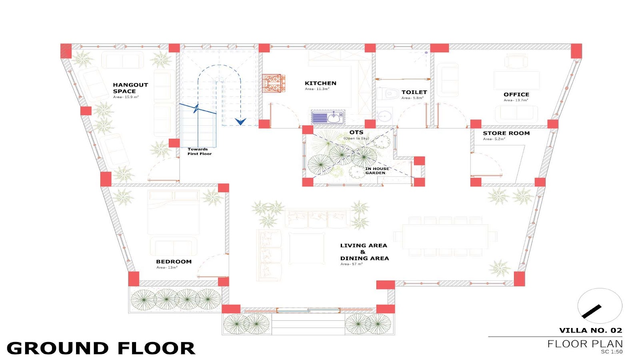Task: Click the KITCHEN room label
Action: [320, 83]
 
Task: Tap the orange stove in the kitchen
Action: [274, 83]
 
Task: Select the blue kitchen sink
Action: [328, 117]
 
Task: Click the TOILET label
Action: [414, 92]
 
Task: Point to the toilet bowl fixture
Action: [388, 94]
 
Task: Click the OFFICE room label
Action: [516, 94]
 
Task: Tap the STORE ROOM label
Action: [506, 133]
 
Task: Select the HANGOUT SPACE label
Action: [130, 88]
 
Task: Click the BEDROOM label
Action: [174, 262]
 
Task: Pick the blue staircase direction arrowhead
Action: [240, 122]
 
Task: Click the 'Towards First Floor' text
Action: [200, 152]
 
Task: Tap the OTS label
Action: [356, 132]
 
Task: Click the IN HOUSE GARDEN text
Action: [377, 170]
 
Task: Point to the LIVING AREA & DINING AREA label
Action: [364, 252]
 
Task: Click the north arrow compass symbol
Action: [600, 306]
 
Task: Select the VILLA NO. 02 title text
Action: [590, 330]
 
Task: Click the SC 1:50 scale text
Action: [612, 352]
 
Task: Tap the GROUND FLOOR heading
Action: [101, 348]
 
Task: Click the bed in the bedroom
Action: [174, 212]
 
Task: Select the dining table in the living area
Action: [445, 236]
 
